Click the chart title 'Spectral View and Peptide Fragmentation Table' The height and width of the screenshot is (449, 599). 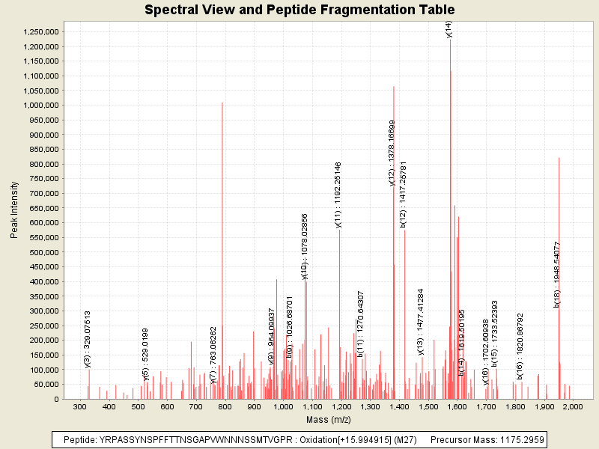point(299,10)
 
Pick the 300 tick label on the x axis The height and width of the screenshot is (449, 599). point(80,406)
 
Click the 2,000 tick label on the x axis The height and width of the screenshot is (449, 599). point(573,406)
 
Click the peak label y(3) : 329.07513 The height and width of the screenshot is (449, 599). point(88,339)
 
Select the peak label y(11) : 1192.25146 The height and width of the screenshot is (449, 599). point(338,195)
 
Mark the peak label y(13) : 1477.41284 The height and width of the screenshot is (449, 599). point(421,323)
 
